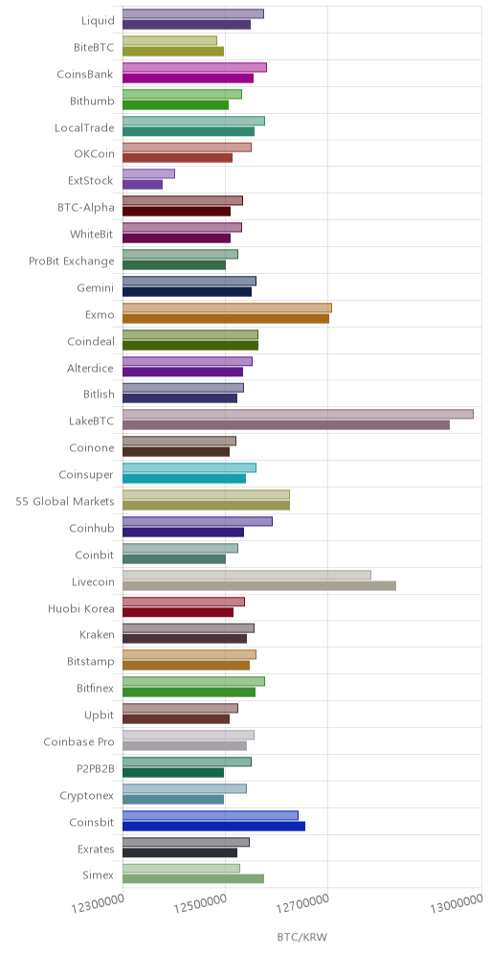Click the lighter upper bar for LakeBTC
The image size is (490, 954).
tap(298, 415)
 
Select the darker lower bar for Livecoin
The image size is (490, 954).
tap(259, 585)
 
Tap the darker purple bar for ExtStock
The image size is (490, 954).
tap(143, 184)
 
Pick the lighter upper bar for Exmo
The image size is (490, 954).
tap(228, 307)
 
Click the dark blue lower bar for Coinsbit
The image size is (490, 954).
tap(214, 826)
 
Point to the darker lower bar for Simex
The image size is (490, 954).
tap(193, 879)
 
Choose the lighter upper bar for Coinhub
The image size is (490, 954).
tap(197, 521)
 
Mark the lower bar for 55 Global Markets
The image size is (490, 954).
tap(206, 505)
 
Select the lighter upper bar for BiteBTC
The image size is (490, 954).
tap(169, 40)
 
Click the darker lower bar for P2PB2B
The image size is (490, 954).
tap(173, 772)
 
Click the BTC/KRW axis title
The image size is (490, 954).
tap(302, 937)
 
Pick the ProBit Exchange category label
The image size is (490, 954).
tap(72, 261)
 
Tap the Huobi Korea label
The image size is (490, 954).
tap(81, 609)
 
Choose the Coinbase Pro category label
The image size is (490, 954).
tap(79, 742)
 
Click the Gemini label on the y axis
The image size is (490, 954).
tap(96, 288)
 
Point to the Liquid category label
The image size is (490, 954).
tap(98, 21)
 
